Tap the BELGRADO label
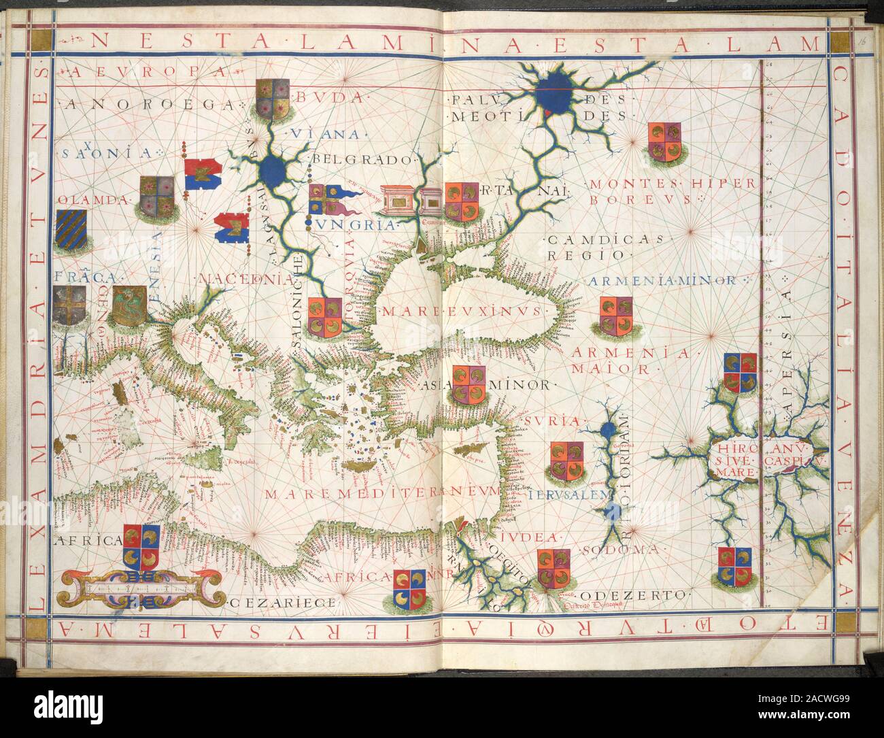point(364,161)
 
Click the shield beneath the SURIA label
point(566,460)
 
